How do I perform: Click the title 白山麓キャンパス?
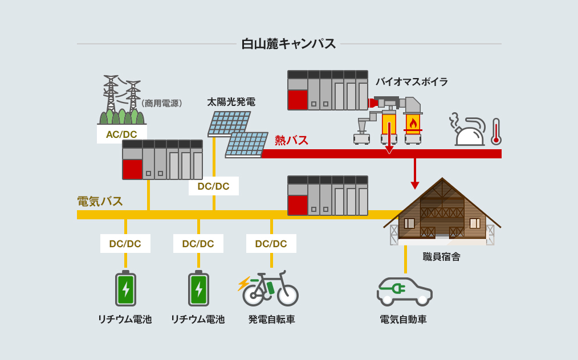[288, 44]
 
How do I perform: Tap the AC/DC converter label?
[121, 134]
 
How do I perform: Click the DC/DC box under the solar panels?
[213, 186]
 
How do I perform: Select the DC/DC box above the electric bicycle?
[271, 244]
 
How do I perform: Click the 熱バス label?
[291, 140]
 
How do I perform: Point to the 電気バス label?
[100, 201]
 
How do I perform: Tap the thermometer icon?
[496, 132]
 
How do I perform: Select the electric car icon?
[404, 291]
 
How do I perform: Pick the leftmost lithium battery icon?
[125, 289]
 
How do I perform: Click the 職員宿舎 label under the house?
[441, 257]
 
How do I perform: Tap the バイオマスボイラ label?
[411, 82]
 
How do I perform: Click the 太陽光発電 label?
[231, 103]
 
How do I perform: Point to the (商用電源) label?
[162, 103]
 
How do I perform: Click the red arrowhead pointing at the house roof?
[415, 185]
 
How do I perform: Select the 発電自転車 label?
[271, 320]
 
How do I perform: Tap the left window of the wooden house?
[409, 223]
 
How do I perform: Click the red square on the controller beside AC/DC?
[132, 169]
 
